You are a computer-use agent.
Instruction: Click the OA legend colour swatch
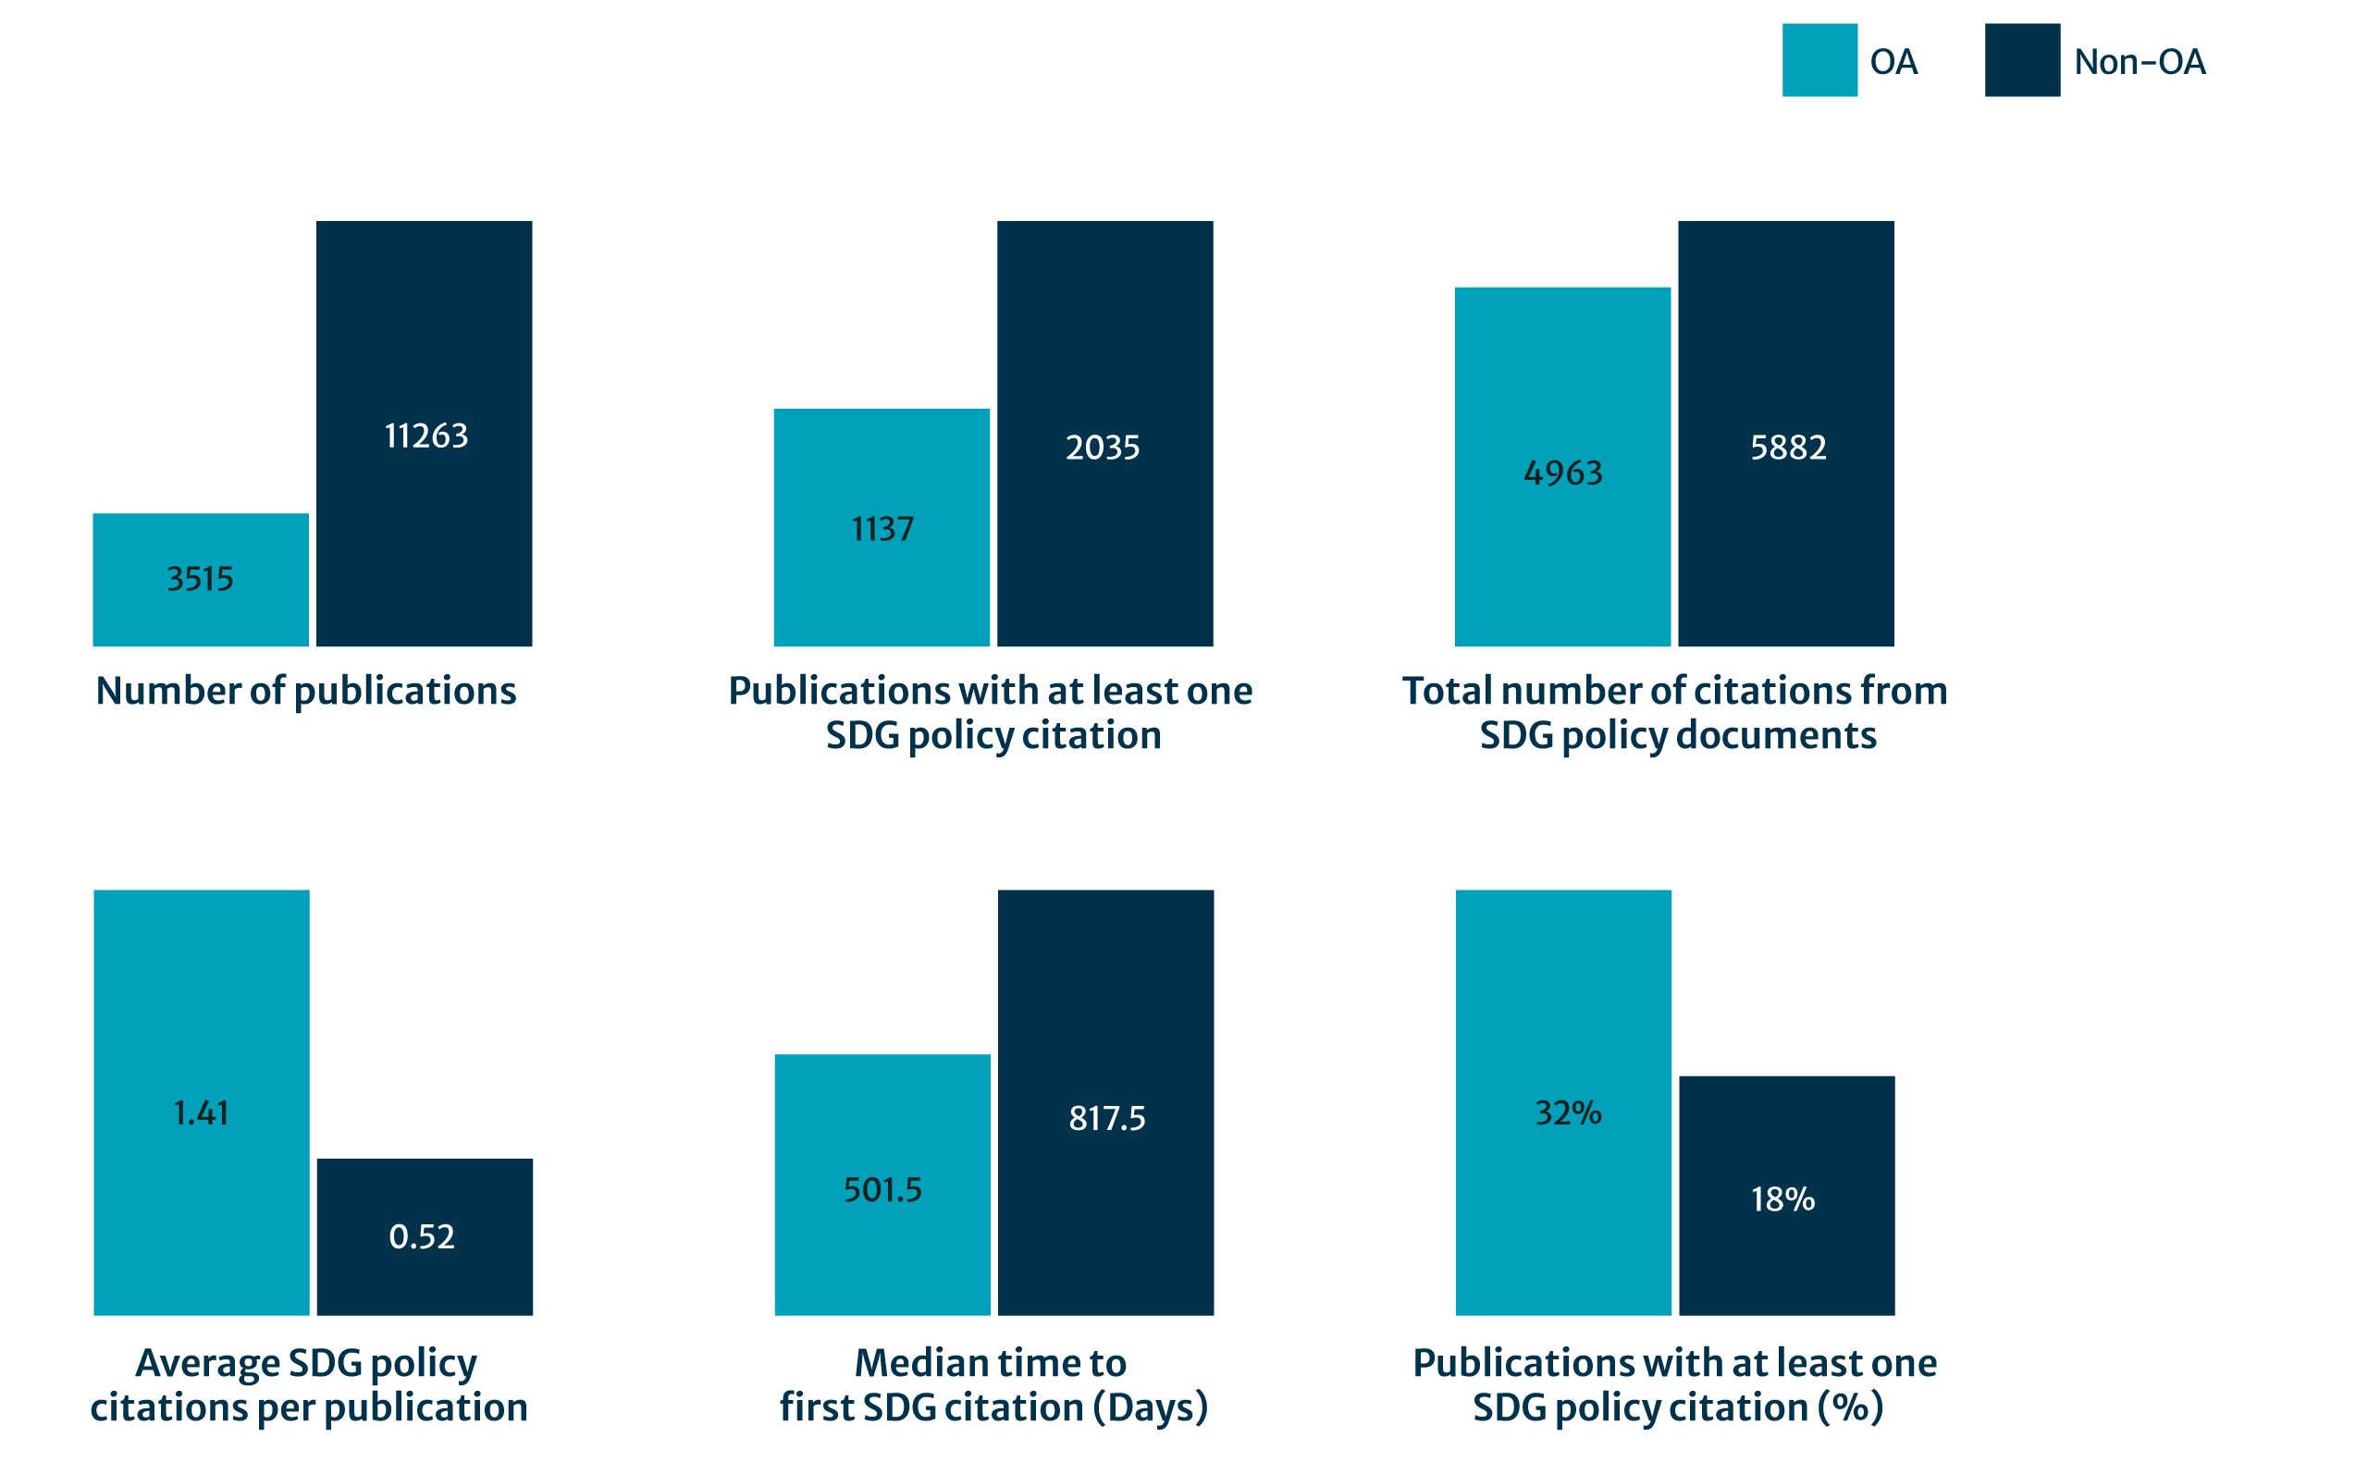click(x=1819, y=60)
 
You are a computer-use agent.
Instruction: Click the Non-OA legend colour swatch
click(x=2022, y=60)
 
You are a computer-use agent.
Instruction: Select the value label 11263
click(x=426, y=436)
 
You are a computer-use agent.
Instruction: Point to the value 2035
click(x=1103, y=448)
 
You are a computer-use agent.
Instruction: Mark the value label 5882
click(x=1788, y=448)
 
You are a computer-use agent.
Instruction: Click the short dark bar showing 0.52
click(x=424, y=1236)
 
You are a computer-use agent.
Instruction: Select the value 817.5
click(x=1106, y=1118)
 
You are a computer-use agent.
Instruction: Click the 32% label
click(x=1568, y=1112)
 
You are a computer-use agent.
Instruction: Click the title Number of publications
click(x=306, y=691)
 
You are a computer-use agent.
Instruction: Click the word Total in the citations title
click(x=1447, y=691)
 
